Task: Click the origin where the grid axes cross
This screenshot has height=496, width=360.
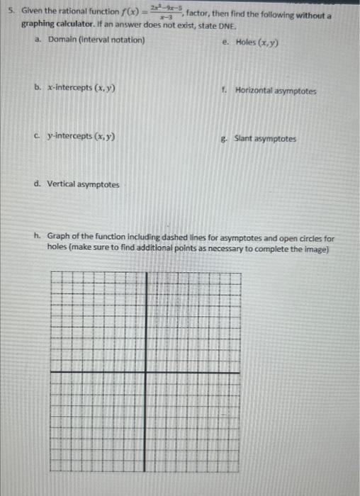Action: [147, 371]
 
